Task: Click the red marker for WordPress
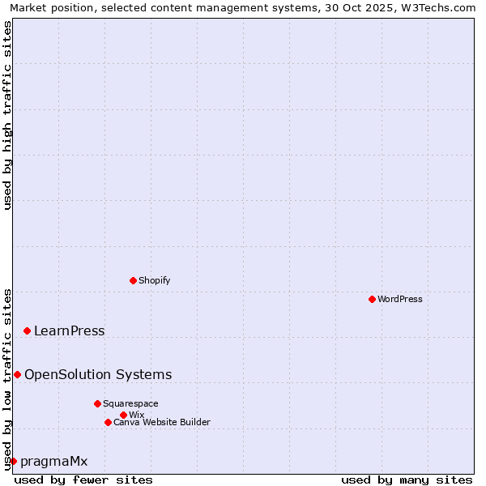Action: point(372,299)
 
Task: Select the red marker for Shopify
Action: point(133,280)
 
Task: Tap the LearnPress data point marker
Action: point(27,330)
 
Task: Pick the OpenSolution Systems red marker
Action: point(17,374)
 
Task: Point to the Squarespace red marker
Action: point(97,403)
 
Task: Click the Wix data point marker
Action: point(123,415)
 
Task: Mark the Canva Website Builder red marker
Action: point(108,422)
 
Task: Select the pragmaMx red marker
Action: point(13,461)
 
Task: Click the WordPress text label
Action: point(400,299)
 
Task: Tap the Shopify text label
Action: point(155,280)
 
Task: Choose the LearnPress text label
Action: point(69,330)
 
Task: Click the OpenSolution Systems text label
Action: point(98,374)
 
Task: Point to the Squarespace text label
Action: point(130,403)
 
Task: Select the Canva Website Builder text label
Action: point(162,422)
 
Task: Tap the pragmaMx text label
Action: point(53,462)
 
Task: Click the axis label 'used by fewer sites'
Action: point(83,480)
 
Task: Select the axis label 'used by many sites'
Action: point(407,480)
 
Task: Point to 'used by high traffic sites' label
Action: point(8,114)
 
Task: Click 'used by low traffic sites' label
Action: point(8,379)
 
